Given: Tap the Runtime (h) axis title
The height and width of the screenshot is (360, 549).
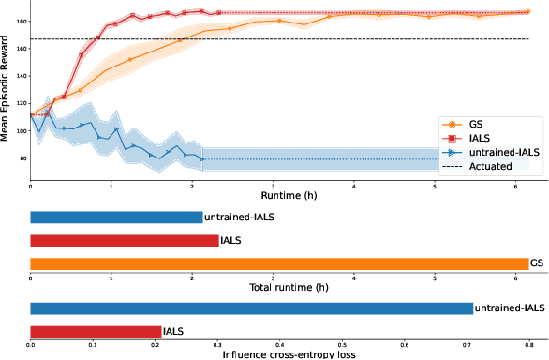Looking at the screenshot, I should [279, 197].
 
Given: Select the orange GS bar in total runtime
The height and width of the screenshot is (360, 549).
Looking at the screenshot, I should [279, 263].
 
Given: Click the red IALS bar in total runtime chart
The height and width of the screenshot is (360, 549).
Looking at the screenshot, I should [124, 241].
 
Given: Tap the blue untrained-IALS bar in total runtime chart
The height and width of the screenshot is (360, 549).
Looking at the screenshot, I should [116, 217].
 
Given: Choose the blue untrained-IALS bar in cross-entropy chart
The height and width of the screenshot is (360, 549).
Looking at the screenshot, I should [251, 307].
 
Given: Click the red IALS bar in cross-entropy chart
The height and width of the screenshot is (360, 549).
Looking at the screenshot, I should [96, 331].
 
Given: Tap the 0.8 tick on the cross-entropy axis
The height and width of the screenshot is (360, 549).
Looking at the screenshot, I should [529, 344].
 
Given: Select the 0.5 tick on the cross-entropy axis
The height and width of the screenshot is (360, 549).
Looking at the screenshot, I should [342, 344].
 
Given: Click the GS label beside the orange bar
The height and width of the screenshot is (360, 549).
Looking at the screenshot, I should [537, 263].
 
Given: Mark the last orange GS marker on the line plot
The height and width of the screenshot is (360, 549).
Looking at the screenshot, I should [528, 12].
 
